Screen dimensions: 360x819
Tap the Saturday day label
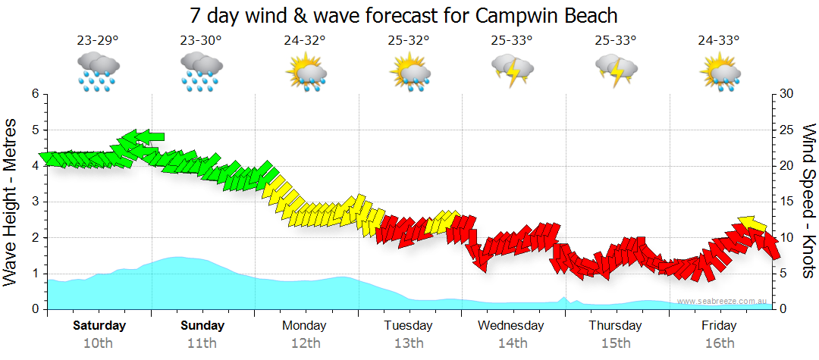pyautogui.click(x=99, y=326)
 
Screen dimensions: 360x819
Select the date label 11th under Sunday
pyautogui.click(x=202, y=343)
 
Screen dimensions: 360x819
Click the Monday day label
pyautogui.click(x=304, y=326)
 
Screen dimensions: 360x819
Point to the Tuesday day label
pyautogui.click(x=408, y=326)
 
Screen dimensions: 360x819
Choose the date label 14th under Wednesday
pyautogui.click(x=512, y=343)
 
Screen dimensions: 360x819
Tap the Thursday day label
pyautogui.click(x=615, y=326)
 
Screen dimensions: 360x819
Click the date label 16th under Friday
pyautogui.click(x=719, y=343)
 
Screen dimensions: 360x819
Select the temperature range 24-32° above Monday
pyautogui.click(x=305, y=41)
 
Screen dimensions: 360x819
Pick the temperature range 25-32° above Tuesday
pyautogui.click(x=409, y=41)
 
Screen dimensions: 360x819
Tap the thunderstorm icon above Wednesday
pyautogui.click(x=512, y=70)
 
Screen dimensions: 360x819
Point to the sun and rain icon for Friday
pyautogui.click(x=719, y=73)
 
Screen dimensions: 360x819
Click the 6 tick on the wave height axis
pyautogui.click(x=34, y=94)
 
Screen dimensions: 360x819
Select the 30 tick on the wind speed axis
pyautogui.click(x=786, y=94)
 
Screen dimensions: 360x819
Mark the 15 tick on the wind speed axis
pyautogui.click(x=786, y=202)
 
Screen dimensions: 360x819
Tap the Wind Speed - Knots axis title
pyautogui.click(x=808, y=202)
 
